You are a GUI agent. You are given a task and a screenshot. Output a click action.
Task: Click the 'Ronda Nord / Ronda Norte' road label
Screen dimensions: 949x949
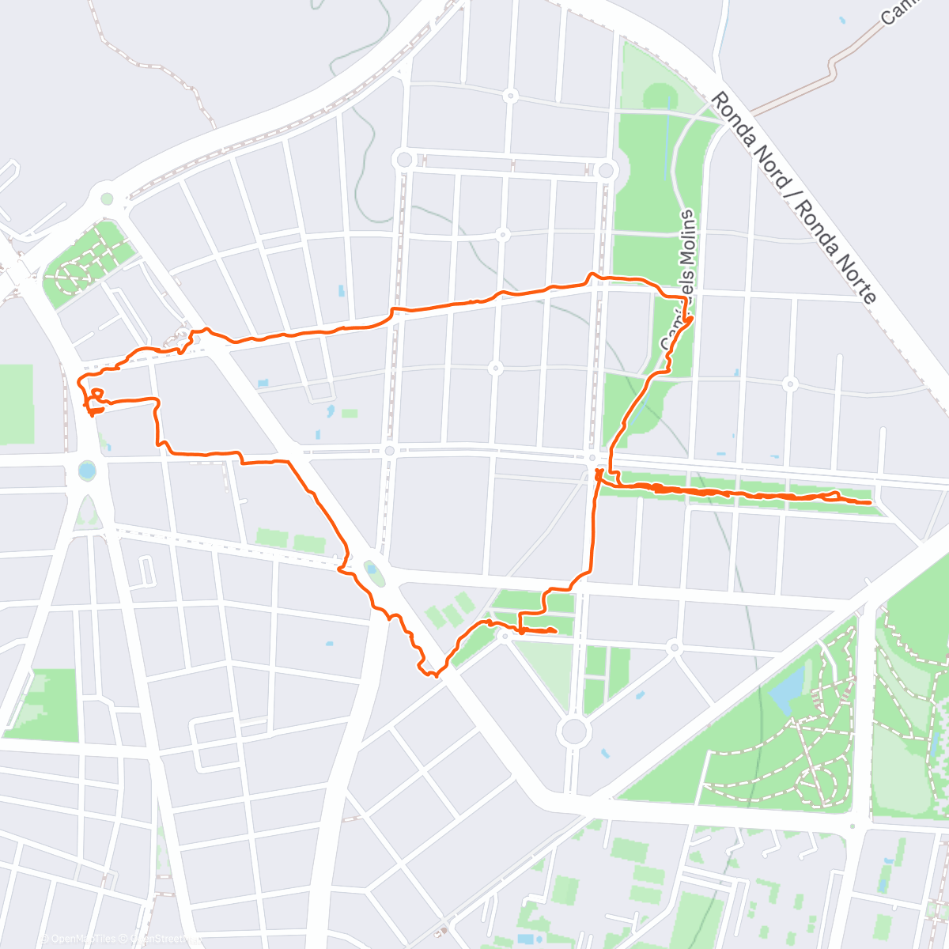(x=793, y=198)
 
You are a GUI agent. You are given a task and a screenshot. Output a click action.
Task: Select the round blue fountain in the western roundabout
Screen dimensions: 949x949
(x=87, y=472)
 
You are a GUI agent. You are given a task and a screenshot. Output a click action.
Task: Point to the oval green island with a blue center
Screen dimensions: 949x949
(x=372, y=572)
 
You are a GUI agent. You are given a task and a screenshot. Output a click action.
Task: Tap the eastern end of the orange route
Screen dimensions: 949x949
(x=870, y=503)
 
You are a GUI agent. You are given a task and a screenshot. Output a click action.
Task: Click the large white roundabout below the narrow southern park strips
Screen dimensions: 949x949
(x=575, y=730)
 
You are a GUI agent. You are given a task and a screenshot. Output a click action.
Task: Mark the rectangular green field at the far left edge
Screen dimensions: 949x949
(x=16, y=403)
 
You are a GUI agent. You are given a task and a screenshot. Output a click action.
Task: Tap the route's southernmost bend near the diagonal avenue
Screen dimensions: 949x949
(x=433, y=675)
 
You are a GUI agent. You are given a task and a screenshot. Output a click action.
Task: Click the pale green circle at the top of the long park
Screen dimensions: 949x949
(x=660, y=97)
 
